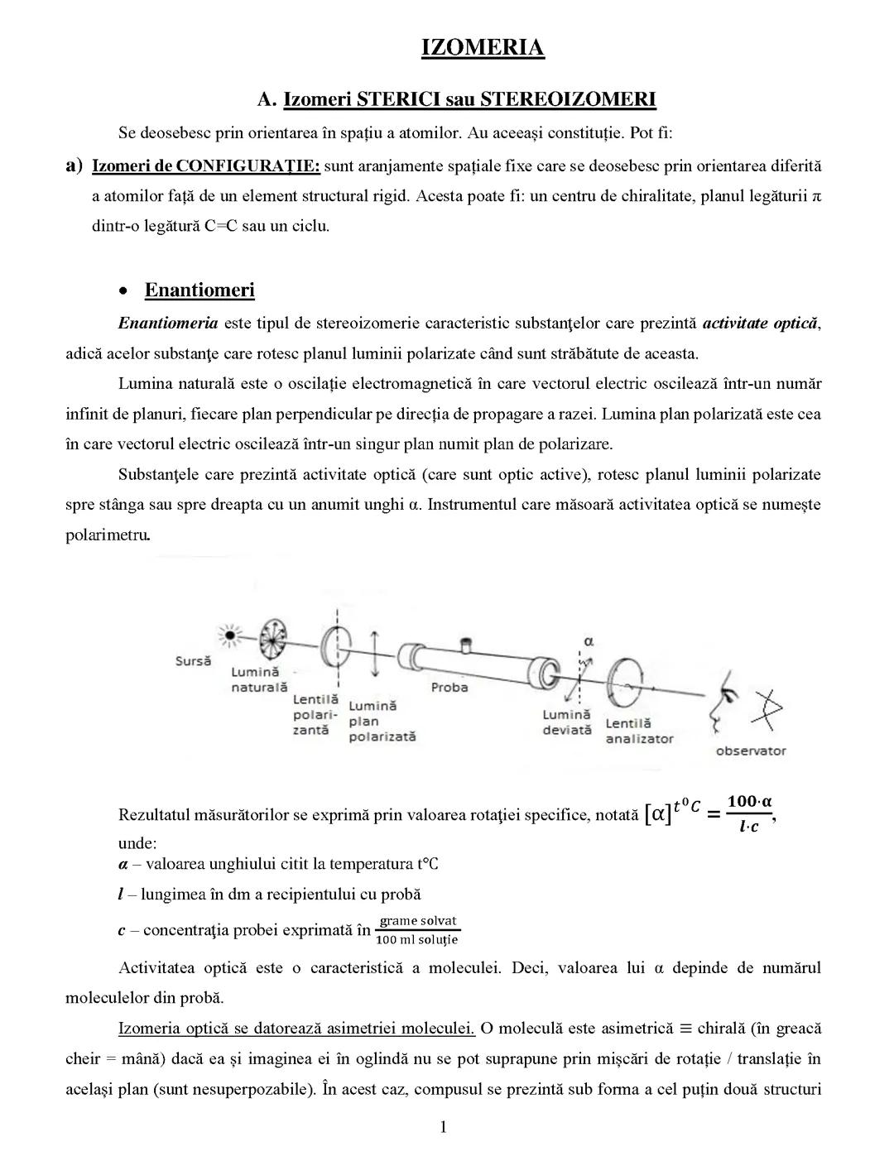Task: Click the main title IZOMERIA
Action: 483,47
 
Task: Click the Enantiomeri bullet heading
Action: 199,290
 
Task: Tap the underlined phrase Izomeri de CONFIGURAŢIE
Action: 205,165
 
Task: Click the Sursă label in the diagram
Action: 193,661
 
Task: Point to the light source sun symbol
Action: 227,636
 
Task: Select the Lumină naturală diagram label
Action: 258,679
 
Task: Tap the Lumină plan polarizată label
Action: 381,721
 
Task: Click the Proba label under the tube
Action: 449,687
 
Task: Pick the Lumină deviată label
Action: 567,722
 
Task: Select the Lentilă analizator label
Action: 639,731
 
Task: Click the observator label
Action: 750,751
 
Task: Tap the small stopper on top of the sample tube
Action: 465,643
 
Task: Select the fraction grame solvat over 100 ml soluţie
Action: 417,930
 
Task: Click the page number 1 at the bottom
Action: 444,1126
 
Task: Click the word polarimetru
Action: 108,535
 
